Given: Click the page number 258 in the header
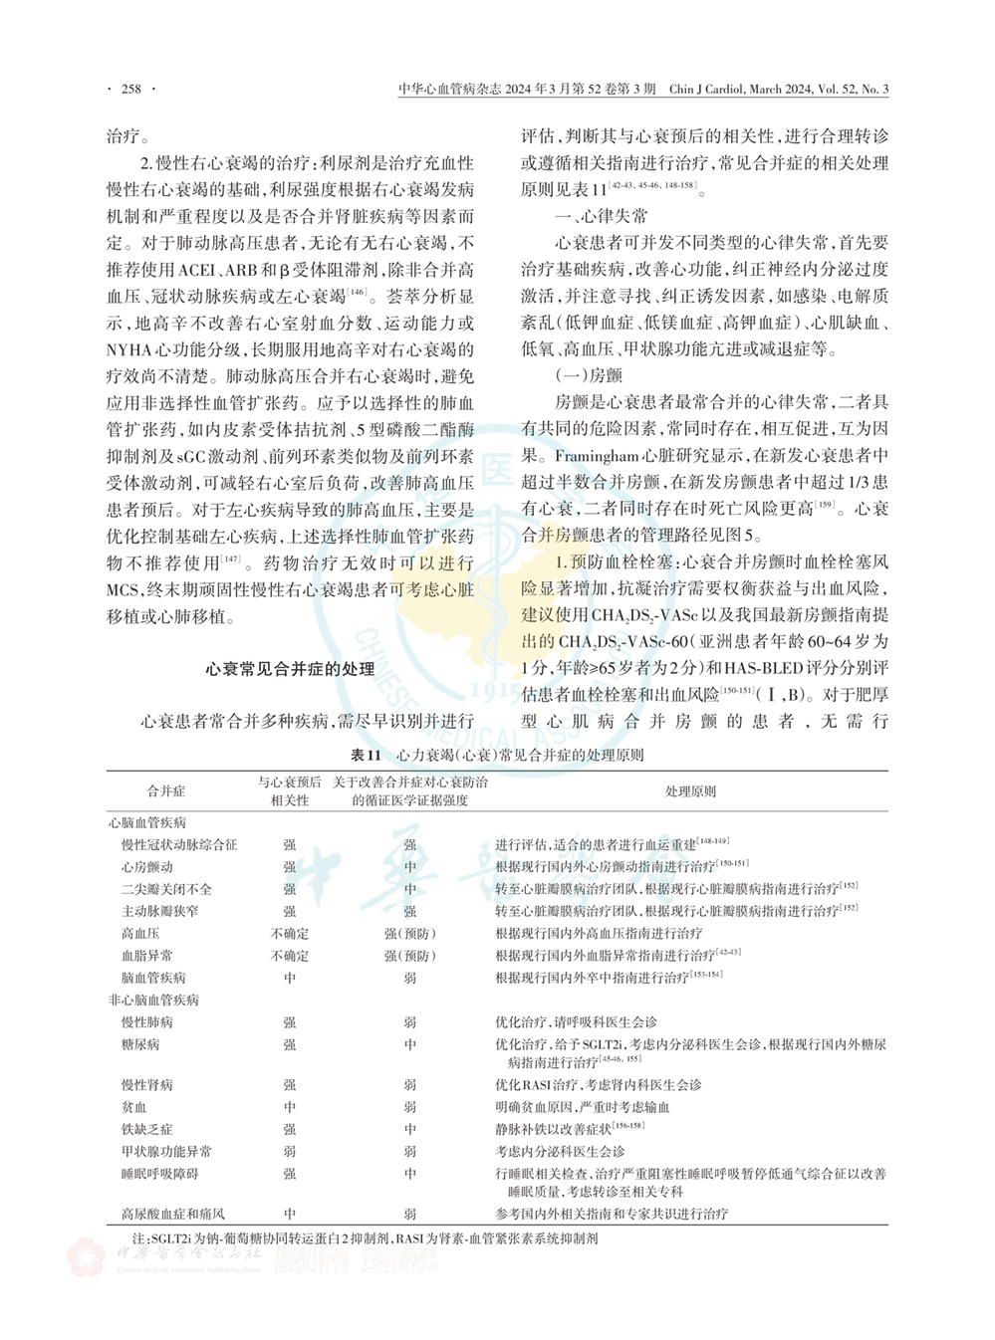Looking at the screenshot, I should (x=131, y=90).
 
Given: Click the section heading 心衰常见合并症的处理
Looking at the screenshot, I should (x=290, y=669).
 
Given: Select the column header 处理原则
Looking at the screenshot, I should (x=690, y=790).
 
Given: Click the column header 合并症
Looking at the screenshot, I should (x=166, y=790).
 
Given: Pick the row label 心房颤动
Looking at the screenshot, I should (x=147, y=867).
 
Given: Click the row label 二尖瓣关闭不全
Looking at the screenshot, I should (x=166, y=889).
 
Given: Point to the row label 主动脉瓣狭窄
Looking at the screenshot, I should (x=159, y=911).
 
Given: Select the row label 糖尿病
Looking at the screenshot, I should (x=140, y=1044).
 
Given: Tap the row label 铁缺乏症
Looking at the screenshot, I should (x=147, y=1129).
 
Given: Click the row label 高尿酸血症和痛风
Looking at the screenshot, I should (x=173, y=1214).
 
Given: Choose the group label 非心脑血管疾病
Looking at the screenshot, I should (x=153, y=1000).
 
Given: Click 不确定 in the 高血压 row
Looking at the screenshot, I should (x=290, y=934).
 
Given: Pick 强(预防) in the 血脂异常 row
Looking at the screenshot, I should (x=410, y=956).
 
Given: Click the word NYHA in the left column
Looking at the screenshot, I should (x=132, y=349).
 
